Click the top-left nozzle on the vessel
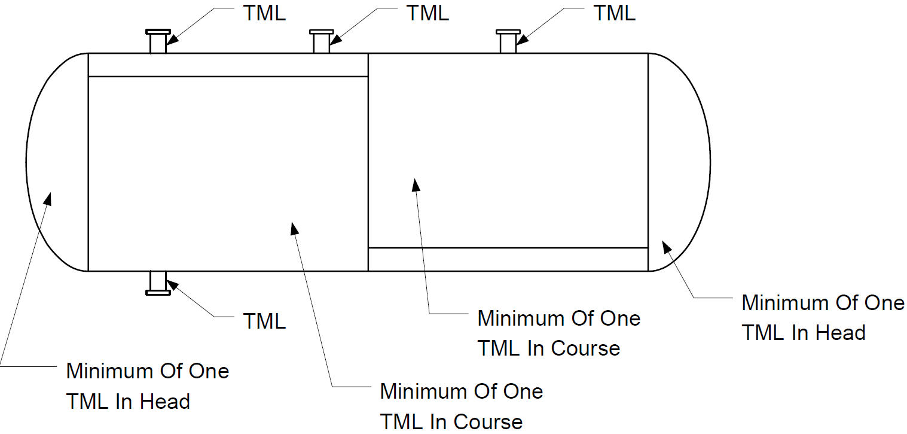coord(158,41)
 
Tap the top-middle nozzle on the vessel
coord(322,41)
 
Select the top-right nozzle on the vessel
coord(508,41)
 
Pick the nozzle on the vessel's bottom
coord(158,283)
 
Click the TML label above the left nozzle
coord(264,13)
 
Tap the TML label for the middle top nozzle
coord(427,13)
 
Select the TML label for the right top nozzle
coord(615,13)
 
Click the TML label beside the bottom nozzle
coord(264,321)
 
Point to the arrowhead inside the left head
coord(48,199)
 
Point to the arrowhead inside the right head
coord(667,247)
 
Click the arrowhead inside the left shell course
coord(294,228)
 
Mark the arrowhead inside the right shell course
coord(416,184)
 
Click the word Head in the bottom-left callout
coord(165,402)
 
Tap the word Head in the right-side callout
coord(840,333)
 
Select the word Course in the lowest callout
coord(488,422)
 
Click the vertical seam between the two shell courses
coord(368,162)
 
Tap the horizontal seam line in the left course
coord(228,76)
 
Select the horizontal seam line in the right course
coord(508,248)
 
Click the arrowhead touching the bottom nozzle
coord(172,285)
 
